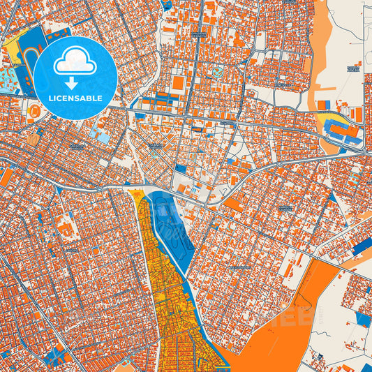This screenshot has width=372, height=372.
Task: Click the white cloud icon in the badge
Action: point(75,62)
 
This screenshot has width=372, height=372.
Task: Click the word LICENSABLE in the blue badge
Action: point(75,98)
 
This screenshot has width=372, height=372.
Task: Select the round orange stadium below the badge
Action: point(34,110)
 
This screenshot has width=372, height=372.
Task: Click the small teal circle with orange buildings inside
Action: point(218,72)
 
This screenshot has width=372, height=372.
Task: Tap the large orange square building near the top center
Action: point(179,83)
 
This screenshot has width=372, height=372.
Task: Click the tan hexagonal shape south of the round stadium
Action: point(33,140)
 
